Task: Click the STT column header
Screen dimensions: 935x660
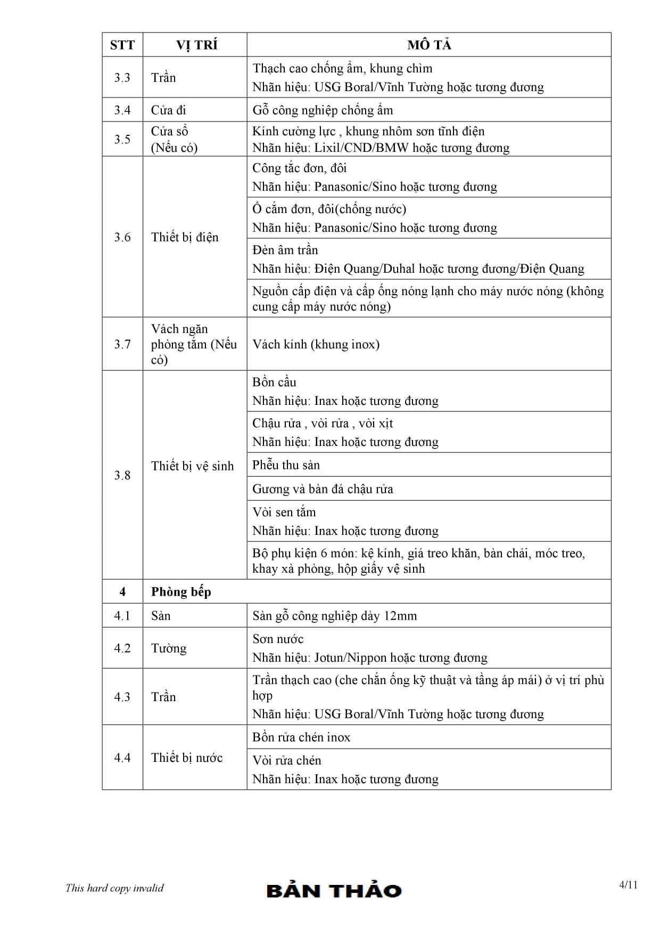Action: click(122, 45)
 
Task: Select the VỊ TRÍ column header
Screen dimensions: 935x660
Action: click(196, 45)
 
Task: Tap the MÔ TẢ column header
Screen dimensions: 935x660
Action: click(429, 45)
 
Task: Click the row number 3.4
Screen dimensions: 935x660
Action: click(122, 110)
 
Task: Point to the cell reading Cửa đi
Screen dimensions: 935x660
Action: click(169, 110)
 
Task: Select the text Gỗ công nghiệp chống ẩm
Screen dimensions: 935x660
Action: click(323, 110)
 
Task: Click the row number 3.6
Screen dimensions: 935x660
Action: click(122, 237)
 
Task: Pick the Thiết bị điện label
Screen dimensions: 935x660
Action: click(185, 237)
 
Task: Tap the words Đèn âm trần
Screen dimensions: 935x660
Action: click(285, 250)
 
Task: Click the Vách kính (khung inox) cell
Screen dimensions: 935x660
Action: click(316, 344)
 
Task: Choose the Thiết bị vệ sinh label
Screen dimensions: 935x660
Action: click(192, 466)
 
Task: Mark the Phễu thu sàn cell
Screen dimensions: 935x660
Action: click(286, 465)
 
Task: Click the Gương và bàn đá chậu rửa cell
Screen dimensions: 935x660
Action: click(323, 489)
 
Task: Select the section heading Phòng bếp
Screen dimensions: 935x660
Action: click(181, 592)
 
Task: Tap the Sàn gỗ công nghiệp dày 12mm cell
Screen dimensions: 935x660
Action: click(335, 616)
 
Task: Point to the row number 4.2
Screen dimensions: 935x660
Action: click(122, 648)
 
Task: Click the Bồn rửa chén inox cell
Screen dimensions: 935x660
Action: click(301, 737)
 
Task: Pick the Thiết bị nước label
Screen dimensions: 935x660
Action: click(187, 758)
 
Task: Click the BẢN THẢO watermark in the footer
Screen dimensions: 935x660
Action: click(334, 890)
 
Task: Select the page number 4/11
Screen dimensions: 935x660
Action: click(628, 885)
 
